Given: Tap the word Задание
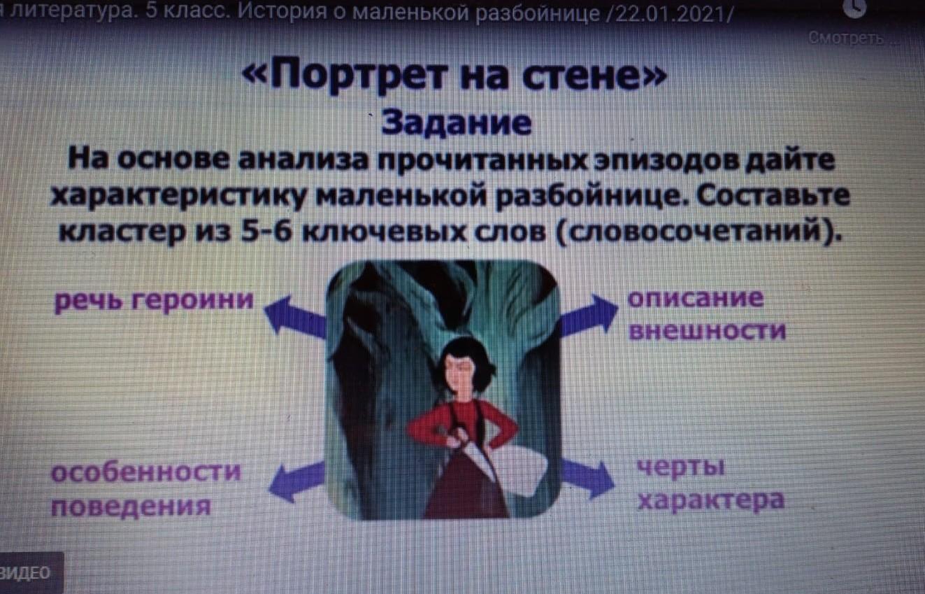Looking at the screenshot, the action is [x=457, y=122].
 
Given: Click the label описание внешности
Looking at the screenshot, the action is [x=707, y=315].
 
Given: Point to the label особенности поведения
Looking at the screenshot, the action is [x=145, y=489].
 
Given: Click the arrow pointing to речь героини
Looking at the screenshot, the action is [x=295, y=317].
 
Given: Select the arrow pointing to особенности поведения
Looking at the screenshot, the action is [x=296, y=481].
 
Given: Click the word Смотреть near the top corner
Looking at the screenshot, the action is [x=846, y=38].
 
